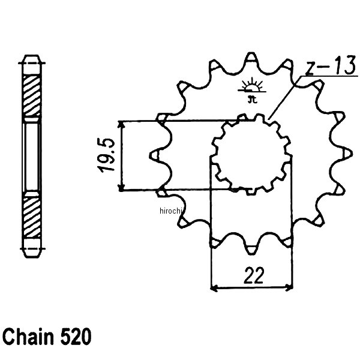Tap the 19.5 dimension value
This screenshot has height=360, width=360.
coord(107,156)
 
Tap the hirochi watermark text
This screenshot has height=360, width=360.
coord(172,210)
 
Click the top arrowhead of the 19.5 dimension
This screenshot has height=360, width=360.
coord(122,124)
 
